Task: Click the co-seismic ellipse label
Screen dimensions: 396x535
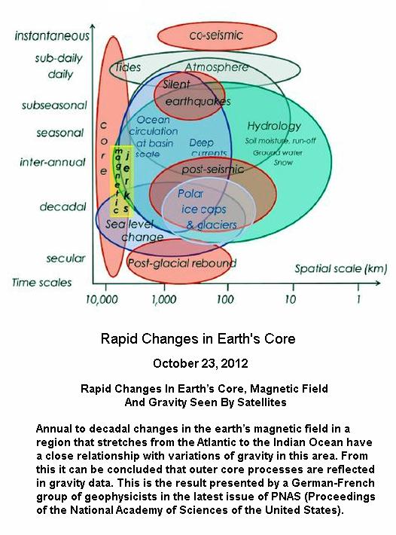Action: point(216,35)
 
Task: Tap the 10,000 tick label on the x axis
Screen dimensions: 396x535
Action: point(102,300)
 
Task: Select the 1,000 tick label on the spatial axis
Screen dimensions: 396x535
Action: point(164,300)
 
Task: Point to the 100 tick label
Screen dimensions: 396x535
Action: point(225,300)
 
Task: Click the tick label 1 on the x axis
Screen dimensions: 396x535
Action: point(358,299)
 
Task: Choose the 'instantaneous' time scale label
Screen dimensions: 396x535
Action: point(52,36)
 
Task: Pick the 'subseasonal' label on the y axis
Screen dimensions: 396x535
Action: point(54,105)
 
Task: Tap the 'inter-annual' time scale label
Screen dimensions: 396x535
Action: point(53,162)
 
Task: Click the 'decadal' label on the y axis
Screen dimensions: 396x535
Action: point(63,206)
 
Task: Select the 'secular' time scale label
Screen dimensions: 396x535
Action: point(65,258)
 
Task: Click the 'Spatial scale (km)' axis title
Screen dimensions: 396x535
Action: point(341,269)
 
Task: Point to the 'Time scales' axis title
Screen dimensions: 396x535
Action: point(42,283)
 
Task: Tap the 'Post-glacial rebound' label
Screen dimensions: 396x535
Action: point(182,263)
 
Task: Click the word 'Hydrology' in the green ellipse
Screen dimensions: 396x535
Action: point(274,127)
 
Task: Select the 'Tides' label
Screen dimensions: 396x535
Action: point(127,67)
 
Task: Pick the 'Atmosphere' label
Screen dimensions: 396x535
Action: point(217,68)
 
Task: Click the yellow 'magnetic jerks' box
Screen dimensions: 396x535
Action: point(122,181)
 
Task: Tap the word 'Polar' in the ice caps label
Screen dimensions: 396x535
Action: point(190,194)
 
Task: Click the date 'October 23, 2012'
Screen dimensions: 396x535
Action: point(200,363)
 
